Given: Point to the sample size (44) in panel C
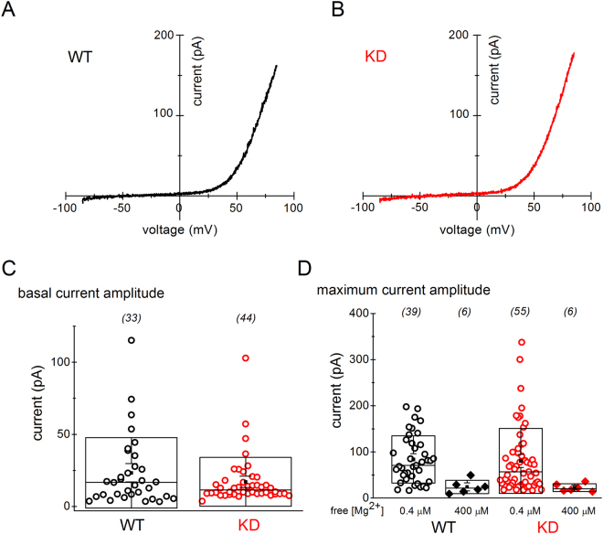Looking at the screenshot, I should tap(246, 317).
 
